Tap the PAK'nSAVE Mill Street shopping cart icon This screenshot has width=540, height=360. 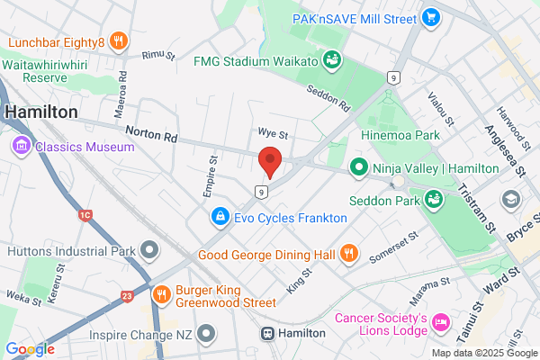click(431, 16)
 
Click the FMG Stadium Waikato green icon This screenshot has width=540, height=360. click(331, 60)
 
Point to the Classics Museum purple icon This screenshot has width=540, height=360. click(20, 145)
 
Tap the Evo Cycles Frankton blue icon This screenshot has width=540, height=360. click(220, 217)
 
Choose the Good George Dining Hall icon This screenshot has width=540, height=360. click(350, 254)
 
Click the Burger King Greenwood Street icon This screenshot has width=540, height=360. click(162, 292)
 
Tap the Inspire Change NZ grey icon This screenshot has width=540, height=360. click(208, 334)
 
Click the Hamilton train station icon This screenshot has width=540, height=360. click(268, 333)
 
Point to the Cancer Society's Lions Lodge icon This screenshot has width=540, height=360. click(441, 320)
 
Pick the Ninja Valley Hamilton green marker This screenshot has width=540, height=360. click(358, 167)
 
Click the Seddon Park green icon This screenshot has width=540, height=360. click(432, 197)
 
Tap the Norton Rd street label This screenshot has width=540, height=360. click(153, 135)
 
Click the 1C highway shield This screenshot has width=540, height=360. click(85, 215)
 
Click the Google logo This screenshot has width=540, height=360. click(30, 349)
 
